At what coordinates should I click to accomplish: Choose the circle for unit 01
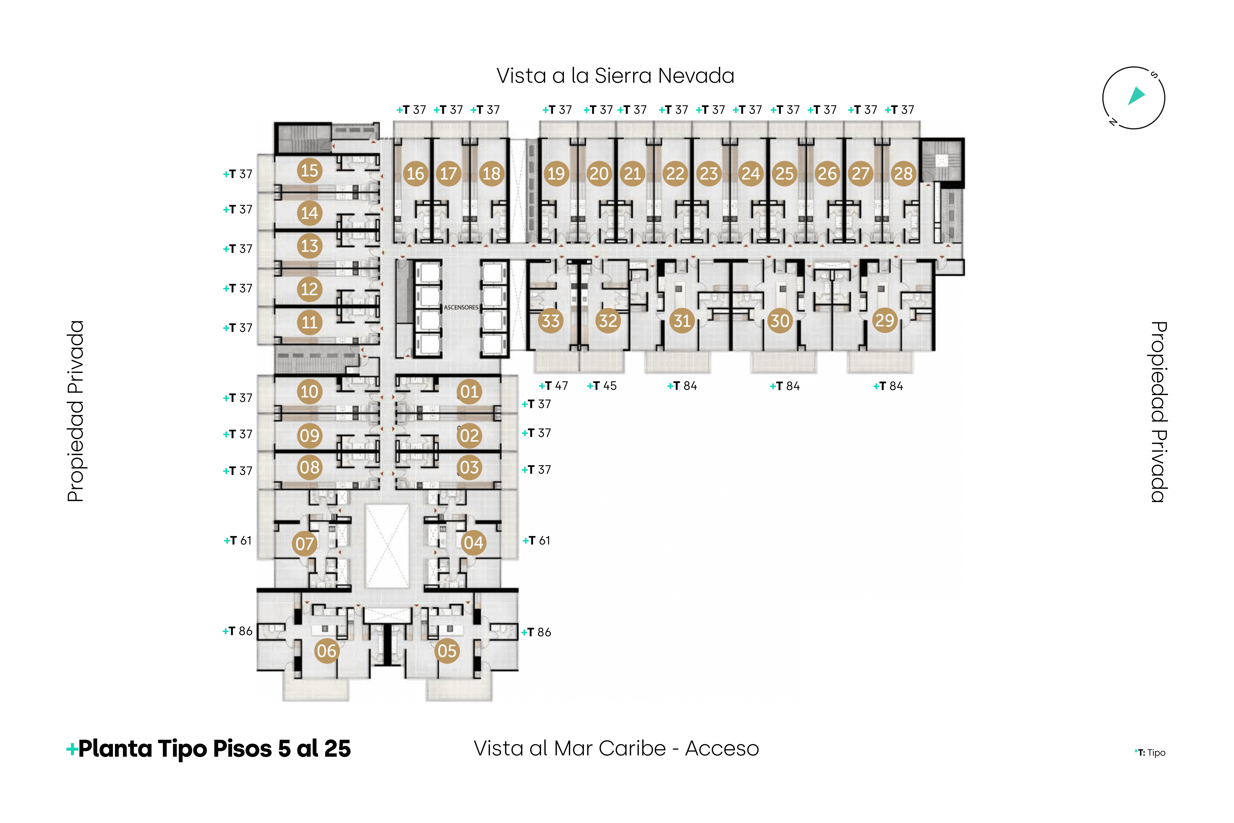469,391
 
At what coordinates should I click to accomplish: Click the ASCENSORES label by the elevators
461,308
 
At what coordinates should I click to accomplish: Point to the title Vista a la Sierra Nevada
615,76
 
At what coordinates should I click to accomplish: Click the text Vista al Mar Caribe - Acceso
616,748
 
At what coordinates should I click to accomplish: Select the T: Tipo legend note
1150,753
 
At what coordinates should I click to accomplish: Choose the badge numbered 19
556,174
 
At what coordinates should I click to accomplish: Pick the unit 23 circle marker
709,174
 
